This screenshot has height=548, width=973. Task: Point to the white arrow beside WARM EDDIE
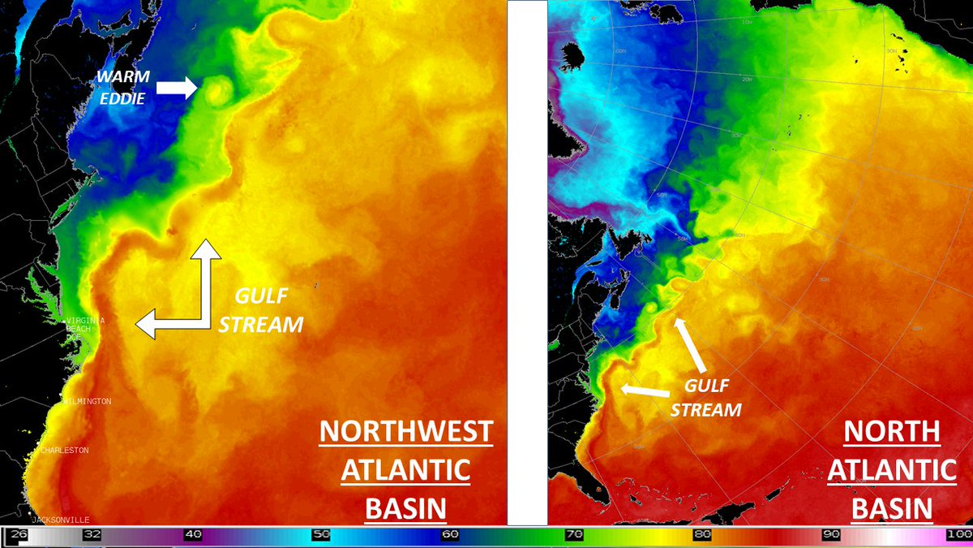[176, 88]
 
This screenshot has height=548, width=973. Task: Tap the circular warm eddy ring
[216, 91]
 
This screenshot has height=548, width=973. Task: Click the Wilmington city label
[87, 401]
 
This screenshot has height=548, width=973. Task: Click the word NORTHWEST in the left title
[405, 432]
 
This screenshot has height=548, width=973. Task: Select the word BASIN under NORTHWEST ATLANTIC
[405, 509]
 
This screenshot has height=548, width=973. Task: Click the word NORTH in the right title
[892, 432]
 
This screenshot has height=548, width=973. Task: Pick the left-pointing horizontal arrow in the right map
[645, 391]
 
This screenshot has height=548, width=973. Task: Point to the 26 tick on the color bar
[19, 535]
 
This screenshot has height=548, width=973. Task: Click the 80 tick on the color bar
[702, 535]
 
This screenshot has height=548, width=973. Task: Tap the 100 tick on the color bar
[958, 535]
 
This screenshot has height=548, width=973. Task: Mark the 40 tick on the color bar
[193, 535]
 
